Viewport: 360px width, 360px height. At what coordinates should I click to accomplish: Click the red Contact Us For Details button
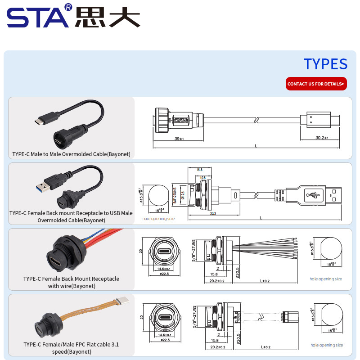pyautogui.click(x=316, y=84)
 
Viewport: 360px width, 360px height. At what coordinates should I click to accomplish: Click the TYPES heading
pyautogui.click(x=325, y=64)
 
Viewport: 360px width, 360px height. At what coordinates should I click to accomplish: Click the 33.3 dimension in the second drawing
pyautogui.click(x=212, y=213)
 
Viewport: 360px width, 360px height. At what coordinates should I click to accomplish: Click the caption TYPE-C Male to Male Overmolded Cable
pyautogui.click(x=71, y=154)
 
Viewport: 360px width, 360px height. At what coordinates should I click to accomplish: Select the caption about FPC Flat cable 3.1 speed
pyautogui.click(x=71, y=348)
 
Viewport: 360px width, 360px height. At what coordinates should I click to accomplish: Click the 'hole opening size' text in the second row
pyautogui.click(x=158, y=219)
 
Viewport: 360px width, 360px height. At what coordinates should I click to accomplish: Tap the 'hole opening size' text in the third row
pyautogui.click(x=326, y=279)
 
